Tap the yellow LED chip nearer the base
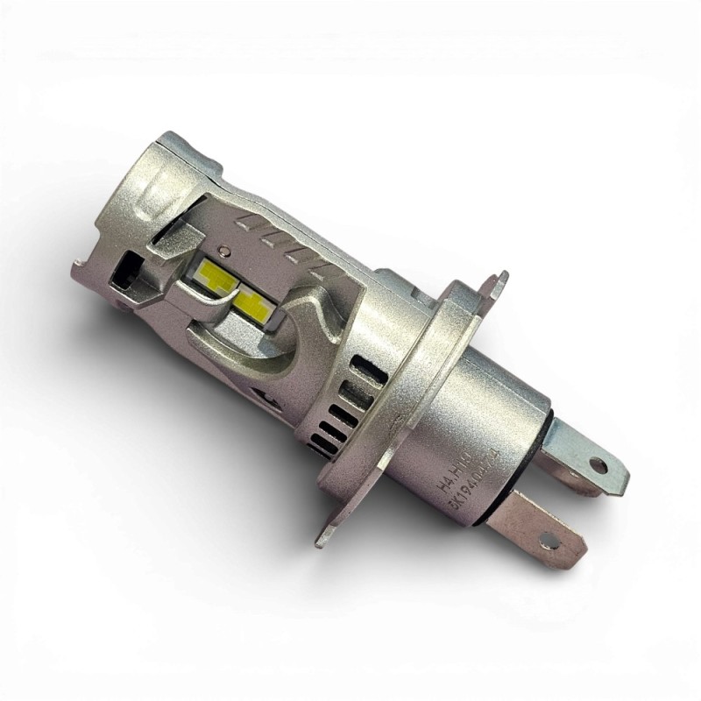pyautogui.click(x=251, y=301)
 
